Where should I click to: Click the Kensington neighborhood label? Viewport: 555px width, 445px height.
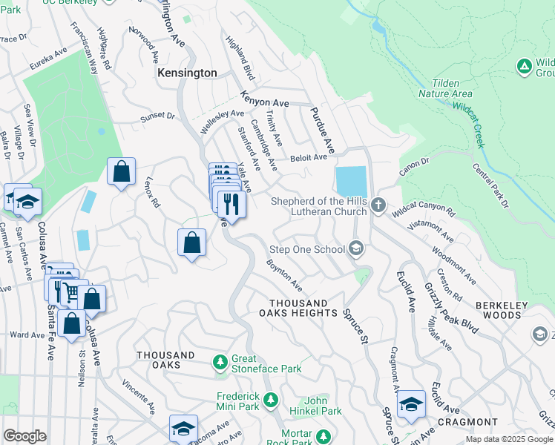187,73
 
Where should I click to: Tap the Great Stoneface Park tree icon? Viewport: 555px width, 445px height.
220,362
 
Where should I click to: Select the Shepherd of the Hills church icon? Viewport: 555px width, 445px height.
378,205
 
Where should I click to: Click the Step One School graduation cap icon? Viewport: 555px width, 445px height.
357,249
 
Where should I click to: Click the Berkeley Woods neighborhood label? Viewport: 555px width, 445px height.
498,310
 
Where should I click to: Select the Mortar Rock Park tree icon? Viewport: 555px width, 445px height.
323,436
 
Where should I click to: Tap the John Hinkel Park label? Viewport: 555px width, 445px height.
323,406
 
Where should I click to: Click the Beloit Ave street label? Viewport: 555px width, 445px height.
309,157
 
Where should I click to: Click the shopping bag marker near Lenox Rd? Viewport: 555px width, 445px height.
121,171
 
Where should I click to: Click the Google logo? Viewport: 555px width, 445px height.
24,436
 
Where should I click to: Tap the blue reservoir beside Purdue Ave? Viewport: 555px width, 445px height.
351,182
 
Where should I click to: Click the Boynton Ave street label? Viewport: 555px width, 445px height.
285,274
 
